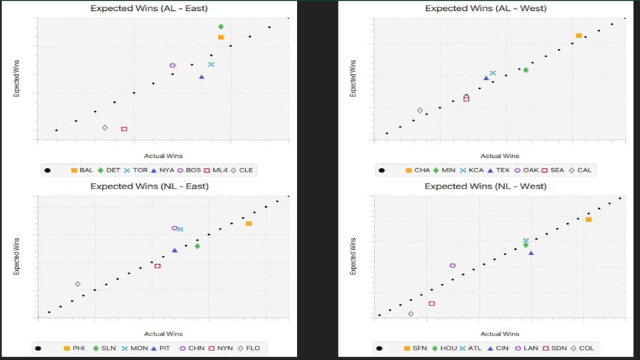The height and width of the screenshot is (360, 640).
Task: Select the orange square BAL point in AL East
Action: pyautogui.click(x=221, y=37)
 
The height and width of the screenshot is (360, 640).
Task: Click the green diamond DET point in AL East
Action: pyautogui.click(x=221, y=27)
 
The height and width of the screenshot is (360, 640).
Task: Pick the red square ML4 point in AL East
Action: pyautogui.click(x=124, y=129)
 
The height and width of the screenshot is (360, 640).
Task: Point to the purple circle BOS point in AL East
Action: pyautogui.click(x=172, y=65)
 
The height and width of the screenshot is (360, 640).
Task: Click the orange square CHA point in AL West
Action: pyautogui.click(x=578, y=35)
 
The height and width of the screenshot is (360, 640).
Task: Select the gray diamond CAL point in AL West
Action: pyautogui.click(x=419, y=110)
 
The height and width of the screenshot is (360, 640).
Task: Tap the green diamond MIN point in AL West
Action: pyautogui.click(x=526, y=70)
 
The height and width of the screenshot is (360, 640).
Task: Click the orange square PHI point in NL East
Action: pyautogui.click(x=249, y=223)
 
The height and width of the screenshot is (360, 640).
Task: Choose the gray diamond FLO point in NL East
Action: pyautogui.click(x=78, y=284)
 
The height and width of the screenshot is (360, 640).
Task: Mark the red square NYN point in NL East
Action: pyautogui.click(x=157, y=265)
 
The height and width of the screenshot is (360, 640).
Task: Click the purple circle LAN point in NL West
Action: pyautogui.click(x=453, y=265)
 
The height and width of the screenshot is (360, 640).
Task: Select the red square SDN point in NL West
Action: pyautogui.click(x=432, y=303)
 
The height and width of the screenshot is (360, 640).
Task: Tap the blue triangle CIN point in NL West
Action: pyautogui.click(x=531, y=252)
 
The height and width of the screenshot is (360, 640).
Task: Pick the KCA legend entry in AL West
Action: pyautogui.click(x=471, y=170)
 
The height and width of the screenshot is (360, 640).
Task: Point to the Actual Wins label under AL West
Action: pyautogui.click(x=500, y=156)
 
